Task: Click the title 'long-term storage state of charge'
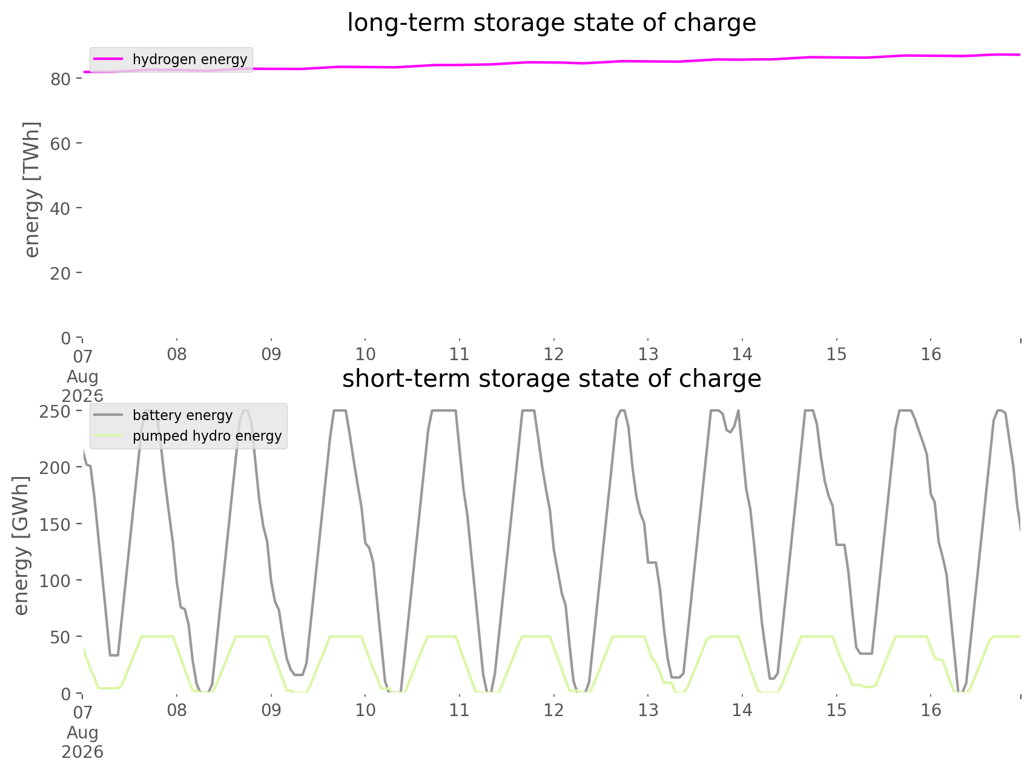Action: (x=551, y=23)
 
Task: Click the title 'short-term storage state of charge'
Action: (x=551, y=379)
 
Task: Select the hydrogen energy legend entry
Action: (x=171, y=59)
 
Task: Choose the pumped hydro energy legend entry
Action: (x=188, y=436)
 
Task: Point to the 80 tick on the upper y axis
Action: (x=65, y=79)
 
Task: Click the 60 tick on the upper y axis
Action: (x=65, y=143)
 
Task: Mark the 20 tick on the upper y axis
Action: (x=65, y=273)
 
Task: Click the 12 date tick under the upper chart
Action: (x=553, y=354)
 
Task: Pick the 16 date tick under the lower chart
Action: (x=931, y=710)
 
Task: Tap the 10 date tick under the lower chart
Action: (x=365, y=710)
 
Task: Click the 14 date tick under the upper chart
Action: (x=742, y=354)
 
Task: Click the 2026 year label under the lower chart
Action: (x=82, y=752)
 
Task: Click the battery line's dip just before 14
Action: (x=730, y=432)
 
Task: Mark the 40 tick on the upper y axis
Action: (x=65, y=208)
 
